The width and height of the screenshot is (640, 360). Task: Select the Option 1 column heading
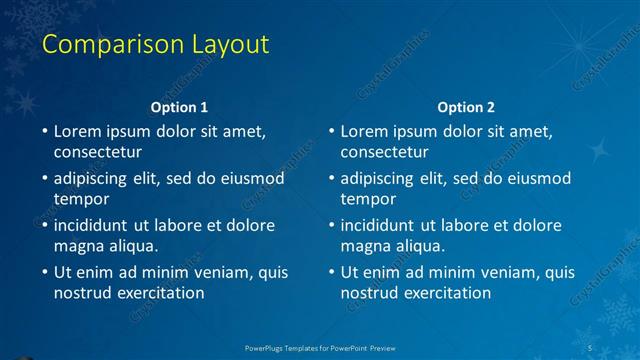pos(179,107)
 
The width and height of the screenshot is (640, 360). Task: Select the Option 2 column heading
pos(466,107)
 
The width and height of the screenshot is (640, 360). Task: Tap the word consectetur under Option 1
pos(97,152)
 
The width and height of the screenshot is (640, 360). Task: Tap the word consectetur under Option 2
pos(384,152)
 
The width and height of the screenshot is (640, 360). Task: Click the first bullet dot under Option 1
pos(44,131)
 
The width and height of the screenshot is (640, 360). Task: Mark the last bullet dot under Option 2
pos(331,272)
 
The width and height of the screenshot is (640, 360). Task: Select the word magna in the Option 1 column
pos(79,246)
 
